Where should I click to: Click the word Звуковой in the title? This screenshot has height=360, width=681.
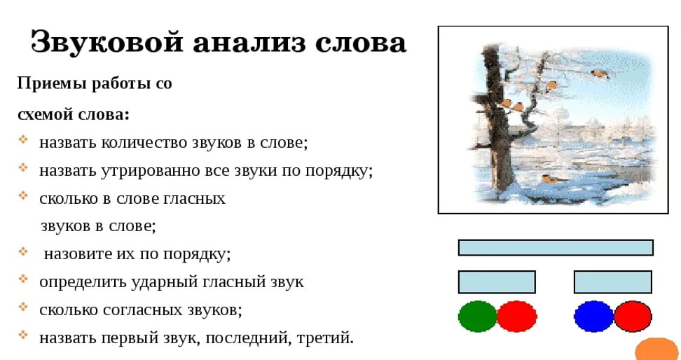coord(106,43)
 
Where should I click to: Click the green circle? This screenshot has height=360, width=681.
coord(477,317)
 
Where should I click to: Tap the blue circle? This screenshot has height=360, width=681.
coord(593,317)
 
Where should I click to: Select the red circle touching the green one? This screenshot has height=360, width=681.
coord(517,317)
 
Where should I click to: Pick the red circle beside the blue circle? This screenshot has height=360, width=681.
coord(633,317)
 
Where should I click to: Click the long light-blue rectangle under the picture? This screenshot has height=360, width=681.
coord(556,247)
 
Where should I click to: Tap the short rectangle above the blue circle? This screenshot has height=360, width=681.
coord(613,282)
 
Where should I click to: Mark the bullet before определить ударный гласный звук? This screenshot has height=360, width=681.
coord(23,279)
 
